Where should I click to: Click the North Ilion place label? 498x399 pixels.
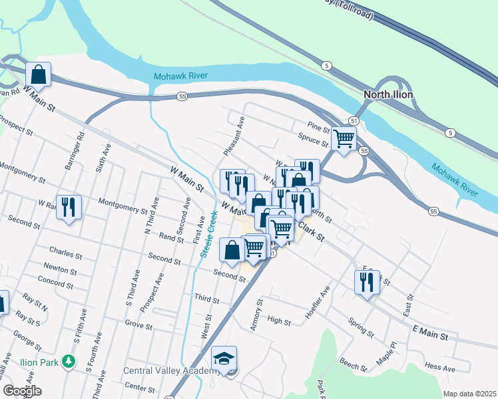(388, 95)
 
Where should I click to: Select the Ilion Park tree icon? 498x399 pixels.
(69, 362)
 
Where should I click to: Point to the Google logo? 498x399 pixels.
(22, 391)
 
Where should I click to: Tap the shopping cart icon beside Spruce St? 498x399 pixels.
(344, 138)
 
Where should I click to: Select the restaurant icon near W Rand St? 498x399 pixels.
(69, 207)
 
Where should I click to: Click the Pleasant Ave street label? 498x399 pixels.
(234, 136)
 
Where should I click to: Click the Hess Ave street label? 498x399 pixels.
(440, 368)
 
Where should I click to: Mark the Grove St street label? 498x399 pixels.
(139, 325)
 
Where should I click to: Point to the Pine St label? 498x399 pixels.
(319, 126)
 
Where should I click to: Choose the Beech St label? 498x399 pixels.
(353, 365)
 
